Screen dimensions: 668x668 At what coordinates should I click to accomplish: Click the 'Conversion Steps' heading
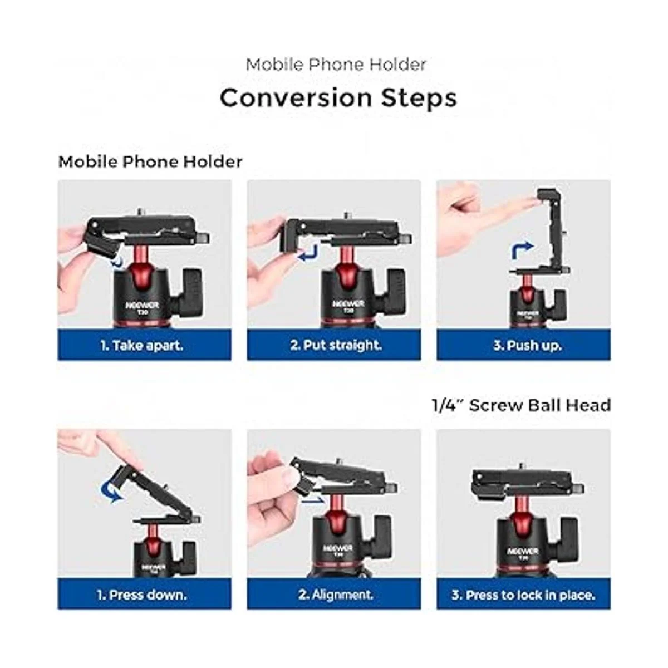[338, 99]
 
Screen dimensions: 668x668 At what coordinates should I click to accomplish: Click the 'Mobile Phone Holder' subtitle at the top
[336, 65]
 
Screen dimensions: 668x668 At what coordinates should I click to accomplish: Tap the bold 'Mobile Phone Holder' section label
[150, 162]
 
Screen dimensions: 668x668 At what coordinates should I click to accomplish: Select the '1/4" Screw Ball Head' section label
[521, 405]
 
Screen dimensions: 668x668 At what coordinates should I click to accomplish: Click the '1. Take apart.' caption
[141, 346]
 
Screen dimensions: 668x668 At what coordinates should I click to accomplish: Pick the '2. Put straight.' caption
[336, 345]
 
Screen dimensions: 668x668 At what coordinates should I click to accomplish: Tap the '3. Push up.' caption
[527, 346]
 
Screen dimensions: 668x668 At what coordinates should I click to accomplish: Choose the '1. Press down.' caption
[142, 595]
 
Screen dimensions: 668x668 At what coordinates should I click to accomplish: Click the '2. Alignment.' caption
[336, 595]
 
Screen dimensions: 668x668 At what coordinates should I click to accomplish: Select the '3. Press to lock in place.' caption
[523, 595]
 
